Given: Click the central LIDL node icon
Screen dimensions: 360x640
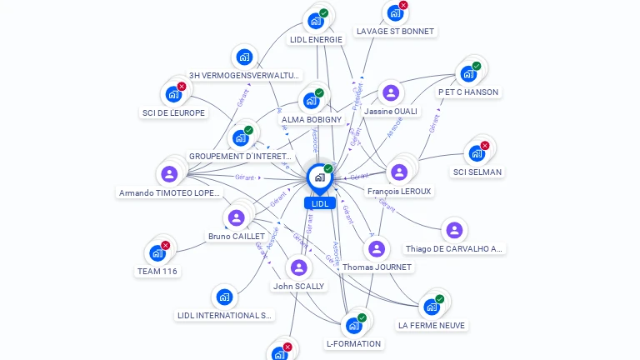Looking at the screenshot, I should click(319, 177).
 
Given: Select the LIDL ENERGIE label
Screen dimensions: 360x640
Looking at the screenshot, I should click(316, 39).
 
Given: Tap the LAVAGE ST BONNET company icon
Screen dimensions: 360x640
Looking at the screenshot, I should click(395, 14).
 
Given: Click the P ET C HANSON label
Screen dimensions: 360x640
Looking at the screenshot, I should click(468, 92).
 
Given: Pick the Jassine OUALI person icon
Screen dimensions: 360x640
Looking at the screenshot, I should click(391, 92).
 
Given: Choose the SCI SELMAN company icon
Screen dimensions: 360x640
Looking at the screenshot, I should click(477, 153).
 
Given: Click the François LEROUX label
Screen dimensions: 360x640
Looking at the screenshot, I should click(399, 191).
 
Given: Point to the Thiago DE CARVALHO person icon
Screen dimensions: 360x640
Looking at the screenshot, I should click(454, 230).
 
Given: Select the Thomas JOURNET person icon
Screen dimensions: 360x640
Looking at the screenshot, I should click(377, 248).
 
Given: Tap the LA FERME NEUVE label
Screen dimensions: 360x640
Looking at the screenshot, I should click(432, 325).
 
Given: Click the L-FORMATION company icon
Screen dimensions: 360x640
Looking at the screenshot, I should click(353, 325).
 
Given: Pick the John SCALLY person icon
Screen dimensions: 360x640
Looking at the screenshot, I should click(299, 267).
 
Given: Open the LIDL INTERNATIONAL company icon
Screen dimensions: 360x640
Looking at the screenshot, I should click(224, 297).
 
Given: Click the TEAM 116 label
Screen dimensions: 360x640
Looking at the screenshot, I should click(157, 271).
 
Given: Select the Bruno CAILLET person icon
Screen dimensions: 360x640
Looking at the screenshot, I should click(236, 217).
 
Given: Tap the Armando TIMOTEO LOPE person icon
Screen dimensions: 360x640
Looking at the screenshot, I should click(169, 174).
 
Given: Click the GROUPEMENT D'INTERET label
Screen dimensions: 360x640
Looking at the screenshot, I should click(240, 156).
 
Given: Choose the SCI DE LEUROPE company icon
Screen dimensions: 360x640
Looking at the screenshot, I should click(173, 94).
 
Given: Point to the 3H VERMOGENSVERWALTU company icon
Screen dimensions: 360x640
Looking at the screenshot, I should click(243, 57).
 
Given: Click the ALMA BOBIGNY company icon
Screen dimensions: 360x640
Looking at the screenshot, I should click(312, 101).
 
